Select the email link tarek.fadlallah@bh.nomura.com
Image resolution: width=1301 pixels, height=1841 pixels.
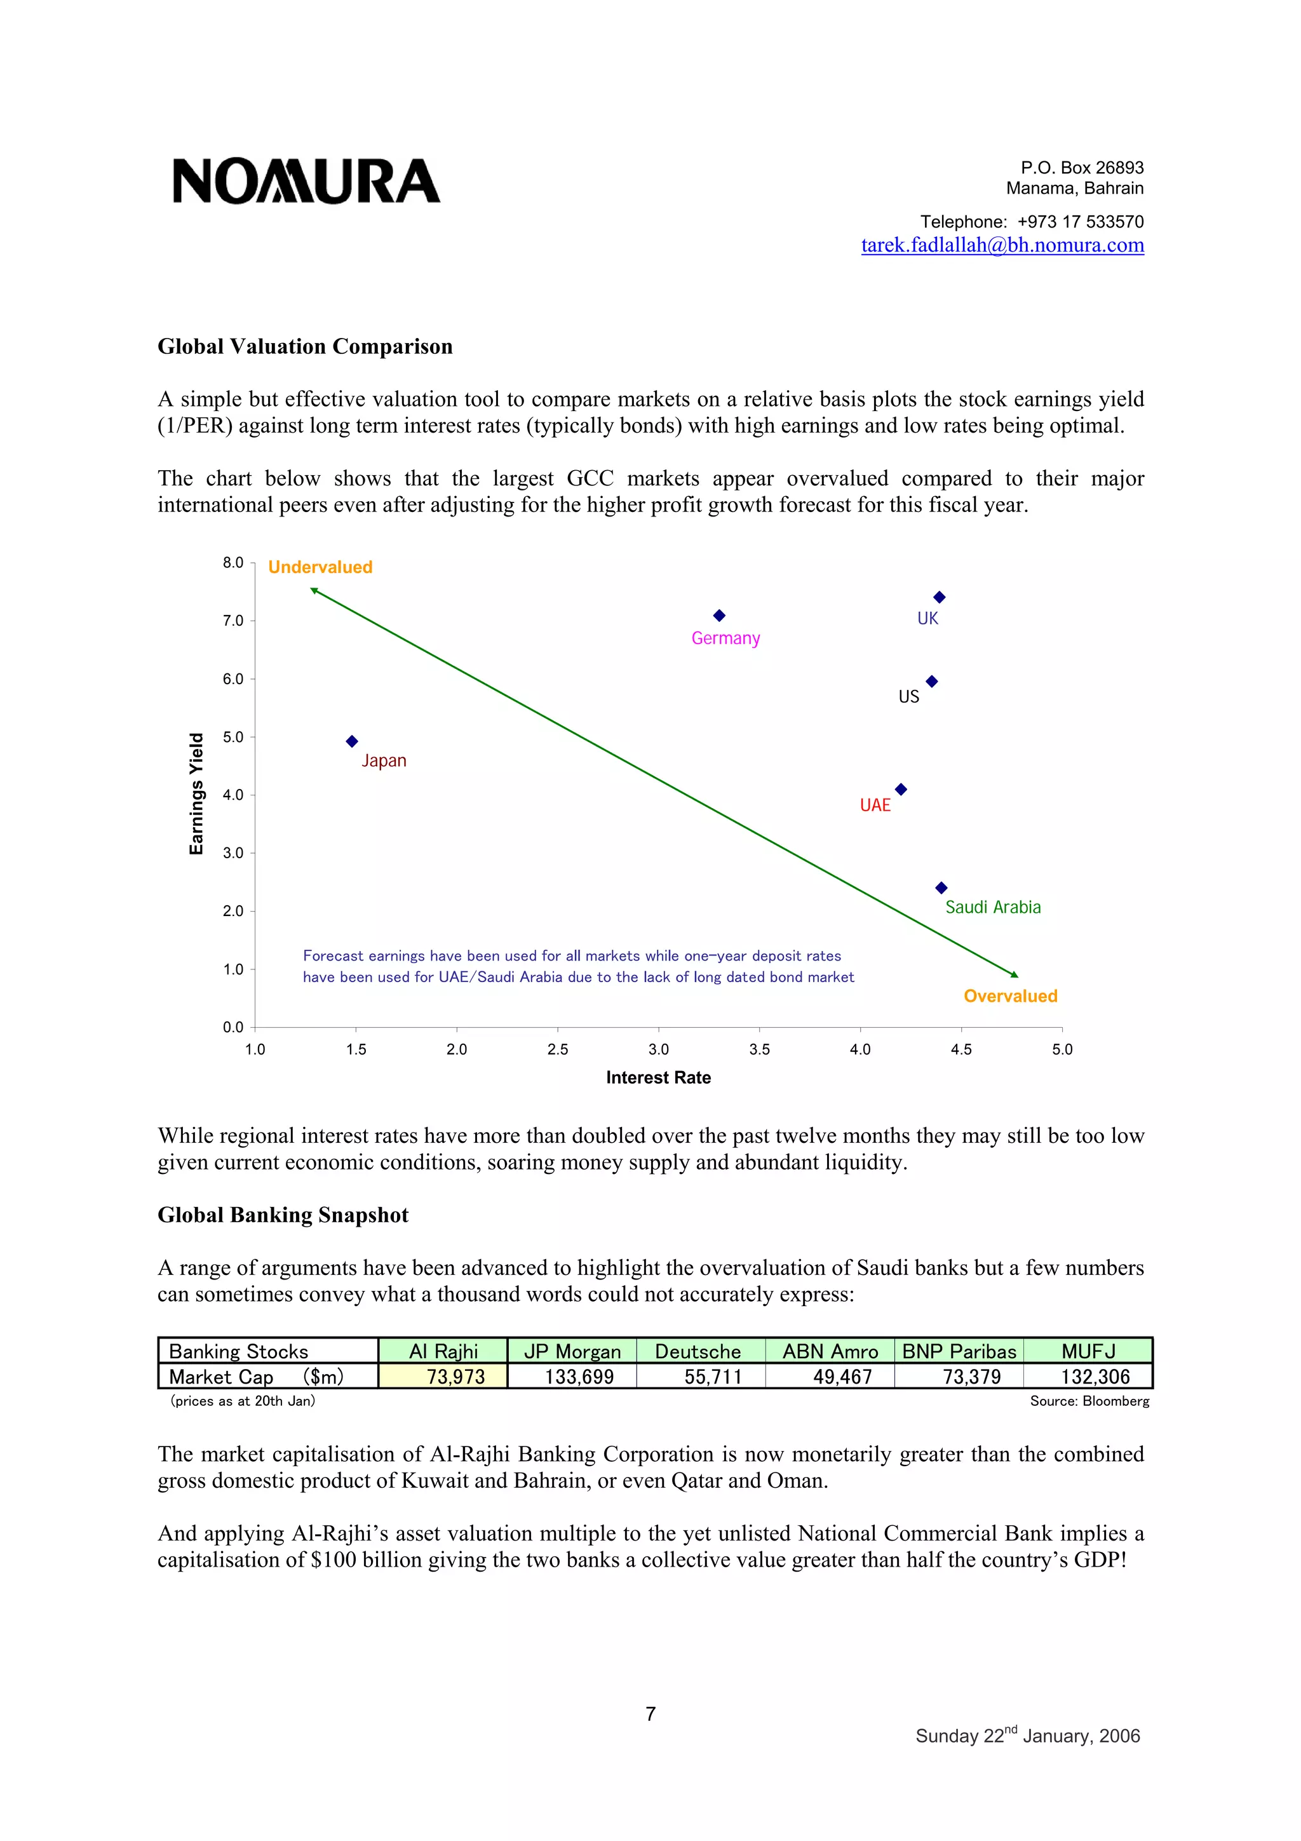coord(1002,245)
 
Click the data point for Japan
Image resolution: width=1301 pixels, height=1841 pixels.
coord(352,742)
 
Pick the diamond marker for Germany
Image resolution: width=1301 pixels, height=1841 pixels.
coord(719,616)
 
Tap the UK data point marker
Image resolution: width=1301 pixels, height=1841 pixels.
coord(940,597)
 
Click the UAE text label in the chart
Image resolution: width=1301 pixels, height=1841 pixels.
coord(875,805)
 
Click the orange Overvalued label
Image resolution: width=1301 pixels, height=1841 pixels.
coord(1010,996)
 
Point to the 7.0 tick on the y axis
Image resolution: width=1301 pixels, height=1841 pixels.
coord(233,621)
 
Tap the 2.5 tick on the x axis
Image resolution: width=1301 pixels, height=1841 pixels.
coord(557,1049)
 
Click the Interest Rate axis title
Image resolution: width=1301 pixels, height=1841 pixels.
coord(658,1077)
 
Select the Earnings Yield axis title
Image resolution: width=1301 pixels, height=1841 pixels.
coord(196,794)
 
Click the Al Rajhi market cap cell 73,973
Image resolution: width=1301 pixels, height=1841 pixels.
coord(455,1377)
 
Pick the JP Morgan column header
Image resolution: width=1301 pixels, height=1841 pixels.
coord(572,1351)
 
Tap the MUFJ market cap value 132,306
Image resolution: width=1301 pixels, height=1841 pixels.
coord(1095,1377)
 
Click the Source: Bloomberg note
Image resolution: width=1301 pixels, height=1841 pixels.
coord(1089,1401)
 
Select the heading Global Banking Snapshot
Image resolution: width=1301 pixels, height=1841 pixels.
coord(283,1215)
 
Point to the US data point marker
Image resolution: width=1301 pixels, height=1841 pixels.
coord(931,682)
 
